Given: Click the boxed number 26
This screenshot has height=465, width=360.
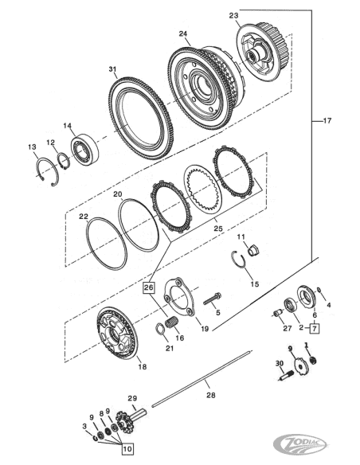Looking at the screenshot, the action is (x=149, y=287).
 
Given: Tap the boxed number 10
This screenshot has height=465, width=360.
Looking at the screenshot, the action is (x=127, y=449).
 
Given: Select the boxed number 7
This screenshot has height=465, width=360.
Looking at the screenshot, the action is (x=315, y=328).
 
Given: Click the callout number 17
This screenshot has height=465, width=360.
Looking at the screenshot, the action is (x=327, y=121).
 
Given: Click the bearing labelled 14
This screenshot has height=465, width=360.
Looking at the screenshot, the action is (x=84, y=148).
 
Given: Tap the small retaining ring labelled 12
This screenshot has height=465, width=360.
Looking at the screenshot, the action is (x=64, y=161).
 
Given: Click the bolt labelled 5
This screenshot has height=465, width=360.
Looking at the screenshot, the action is (x=212, y=299).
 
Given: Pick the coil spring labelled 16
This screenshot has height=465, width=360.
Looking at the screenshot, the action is (x=172, y=322).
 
